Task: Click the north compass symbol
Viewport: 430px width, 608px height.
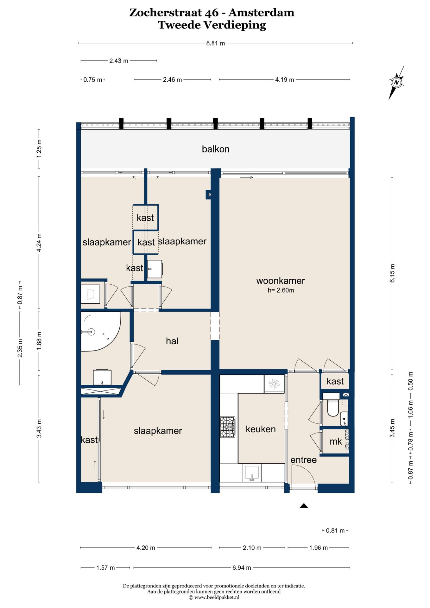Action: [x=396, y=83]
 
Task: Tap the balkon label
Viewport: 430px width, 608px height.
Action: [x=216, y=149]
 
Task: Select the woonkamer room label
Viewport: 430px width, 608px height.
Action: [x=281, y=281]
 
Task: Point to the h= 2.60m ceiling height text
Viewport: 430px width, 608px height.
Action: [x=281, y=290]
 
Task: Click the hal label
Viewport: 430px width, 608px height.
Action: [x=172, y=341]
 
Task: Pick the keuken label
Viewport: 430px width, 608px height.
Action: [x=261, y=429]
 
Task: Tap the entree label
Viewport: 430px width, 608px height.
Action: [x=304, y=460]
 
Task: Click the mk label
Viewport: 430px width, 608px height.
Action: [x=336, y=442]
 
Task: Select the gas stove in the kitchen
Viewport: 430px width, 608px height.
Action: [x=228, y=427]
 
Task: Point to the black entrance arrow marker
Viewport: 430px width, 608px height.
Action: [x=304, y=506]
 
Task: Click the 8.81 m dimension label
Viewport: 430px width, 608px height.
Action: [x=216, y=43]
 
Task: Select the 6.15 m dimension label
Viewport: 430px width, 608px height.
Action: [x=392, y=273]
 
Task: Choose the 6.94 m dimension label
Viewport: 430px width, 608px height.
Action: [x=242, y=568]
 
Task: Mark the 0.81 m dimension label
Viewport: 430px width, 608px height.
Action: [x=335, y=530]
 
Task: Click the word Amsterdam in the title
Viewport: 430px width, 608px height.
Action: [x=262, y=13]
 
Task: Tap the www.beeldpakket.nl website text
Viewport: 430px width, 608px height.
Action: [x=217, y=598]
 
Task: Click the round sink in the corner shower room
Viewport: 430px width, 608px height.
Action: [x=91, y=332]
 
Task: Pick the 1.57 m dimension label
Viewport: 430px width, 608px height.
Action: [x=106, y=568]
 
